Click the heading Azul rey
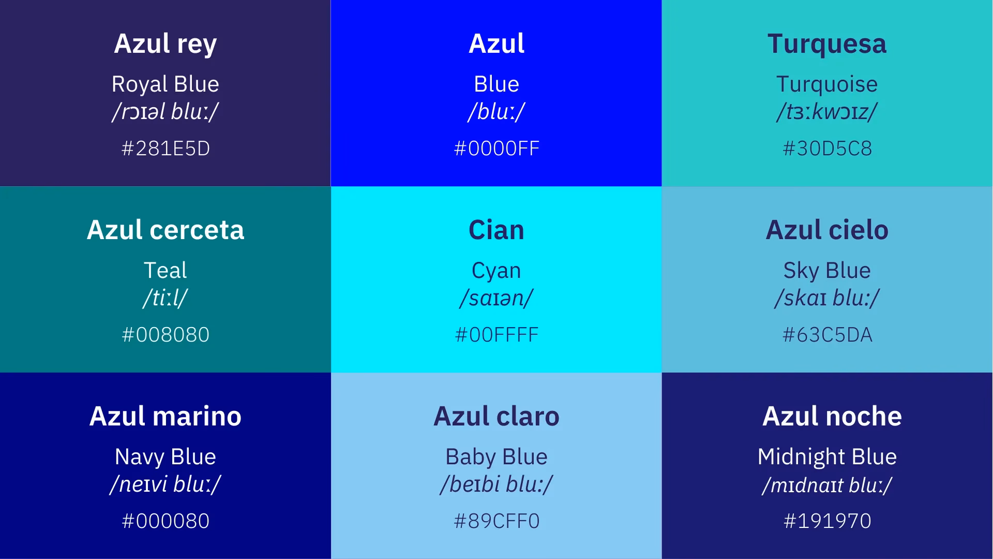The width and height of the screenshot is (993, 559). tap(165, 43)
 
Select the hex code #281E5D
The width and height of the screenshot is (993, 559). tap(165, 149)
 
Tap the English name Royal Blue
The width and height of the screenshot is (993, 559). tap(165, 84)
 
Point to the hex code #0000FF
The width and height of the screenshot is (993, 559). tap(496, 149)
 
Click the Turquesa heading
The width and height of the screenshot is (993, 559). tap(826, 43)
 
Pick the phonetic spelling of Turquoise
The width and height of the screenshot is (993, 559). tap(826, 112)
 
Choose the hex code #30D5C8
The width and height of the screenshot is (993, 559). tap(827, 149)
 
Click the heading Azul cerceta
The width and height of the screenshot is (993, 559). tap(165, 230)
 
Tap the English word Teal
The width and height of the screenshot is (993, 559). tap(165, 270)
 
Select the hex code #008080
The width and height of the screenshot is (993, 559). tap(165, 335)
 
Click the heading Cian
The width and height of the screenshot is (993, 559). tap(496, 230)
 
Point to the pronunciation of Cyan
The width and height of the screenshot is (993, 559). tap(496, 298)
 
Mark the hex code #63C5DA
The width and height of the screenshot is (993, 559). tap(827, 335)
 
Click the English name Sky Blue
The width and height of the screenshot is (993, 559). tap(826, 270)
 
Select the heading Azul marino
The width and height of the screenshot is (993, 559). tap(165, 416)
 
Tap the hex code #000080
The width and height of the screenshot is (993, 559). tap(165, 521)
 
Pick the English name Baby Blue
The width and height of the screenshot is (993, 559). tap(496, 457)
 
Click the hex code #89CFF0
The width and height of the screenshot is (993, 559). tap(496, 521)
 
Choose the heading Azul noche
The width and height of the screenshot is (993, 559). tap(832, 416)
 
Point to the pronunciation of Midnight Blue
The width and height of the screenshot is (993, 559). tap(826, 485)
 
